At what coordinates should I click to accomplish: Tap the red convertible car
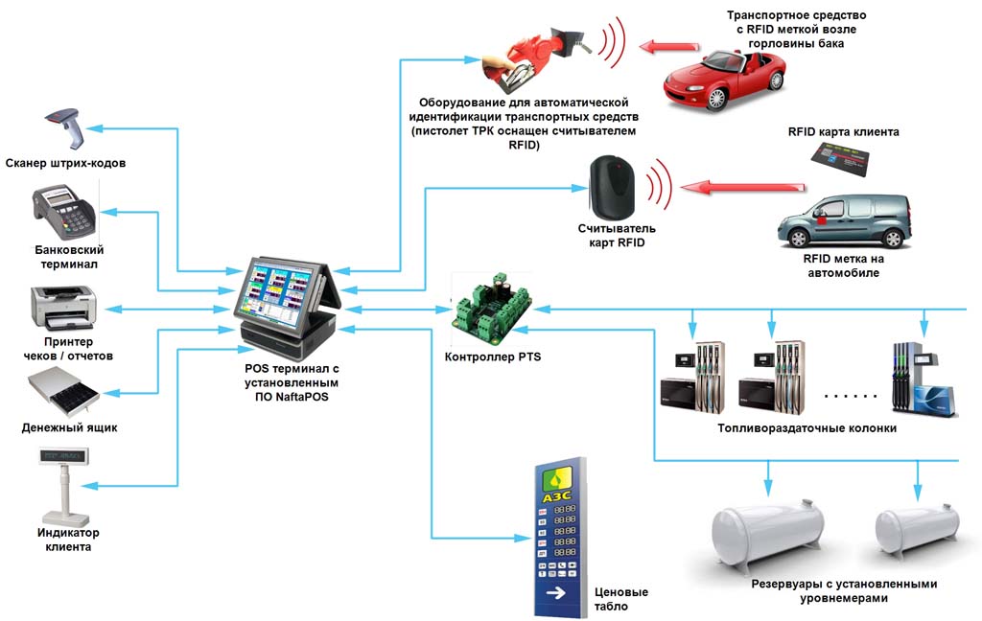pos(725,78)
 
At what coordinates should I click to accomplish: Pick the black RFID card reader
pos(612,187)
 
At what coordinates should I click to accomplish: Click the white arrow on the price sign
pos(557,595)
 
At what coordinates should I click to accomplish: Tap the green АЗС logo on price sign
pos(557,483)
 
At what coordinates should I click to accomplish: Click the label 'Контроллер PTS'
pos(493,356)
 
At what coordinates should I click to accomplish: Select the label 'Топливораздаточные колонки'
pos(807,428)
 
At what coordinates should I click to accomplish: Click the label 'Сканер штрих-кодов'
pos(65,164)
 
